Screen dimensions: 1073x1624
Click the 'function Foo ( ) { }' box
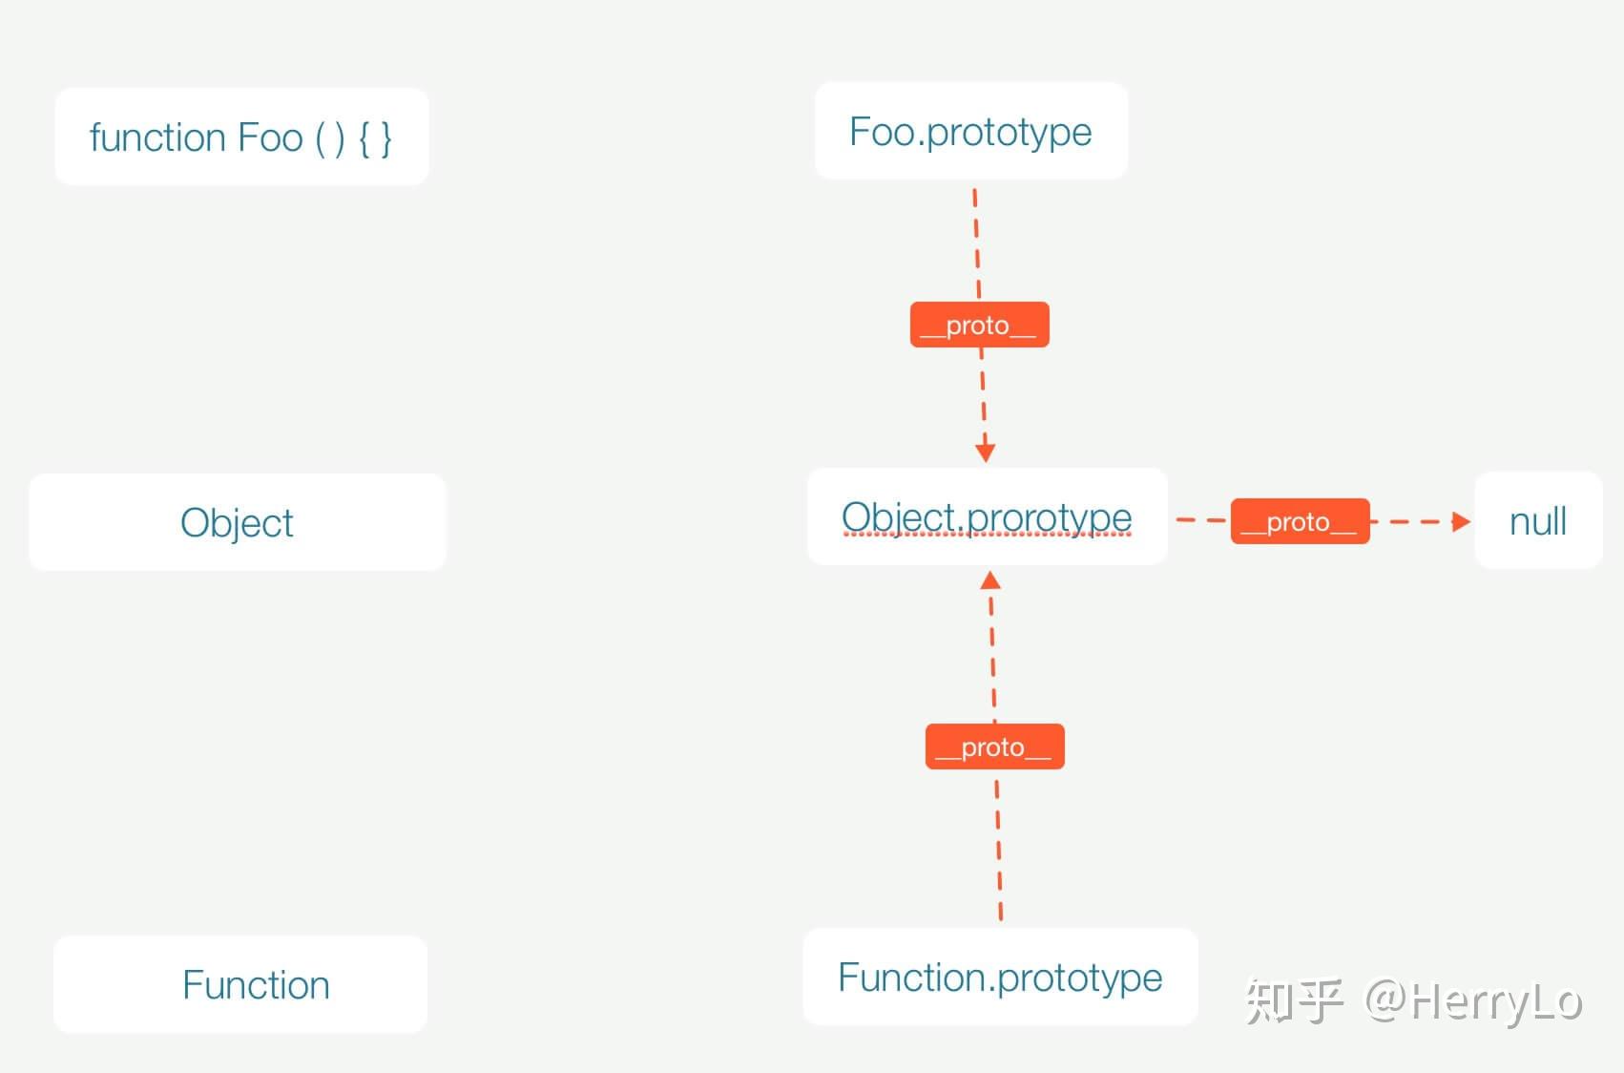pyautogui.click(x=241, y=137)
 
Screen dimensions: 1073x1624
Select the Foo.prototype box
pyautogui.click(x=971, y=131)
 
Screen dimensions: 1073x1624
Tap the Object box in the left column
pyautogui.click(x=237, y=522)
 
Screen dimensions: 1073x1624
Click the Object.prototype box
pyautogui.click(x=987, y=516)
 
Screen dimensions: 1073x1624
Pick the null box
pyautogui.click(x=1538, y=521)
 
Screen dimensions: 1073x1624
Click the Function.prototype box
pyautogui.click(x=1000, y=977)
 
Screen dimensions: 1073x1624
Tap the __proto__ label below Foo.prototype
pyautogui.click(x=979, y=326)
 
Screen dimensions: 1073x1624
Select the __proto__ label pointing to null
pyautogui.click(x=1300, y=522)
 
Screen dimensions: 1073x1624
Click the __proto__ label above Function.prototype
pyautogui.click(x=994, y=747)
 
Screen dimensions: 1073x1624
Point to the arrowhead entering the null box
pyautogui.click(x=1460, y=521)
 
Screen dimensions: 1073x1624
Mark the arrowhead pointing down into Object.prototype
pyautogui.click(x=986, y=452)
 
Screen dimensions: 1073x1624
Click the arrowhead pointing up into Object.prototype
pyautogui.click(x=990, y=580)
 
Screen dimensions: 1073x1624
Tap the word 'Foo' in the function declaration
pyautogui.click(x=270, y=137)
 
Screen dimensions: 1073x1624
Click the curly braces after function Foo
pyautogui.click(x=375, y=138)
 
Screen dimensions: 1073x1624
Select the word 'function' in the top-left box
pyautogui.click(x=157, y=137)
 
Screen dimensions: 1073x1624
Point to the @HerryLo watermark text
pyautogui.click(x=1473, y=1001)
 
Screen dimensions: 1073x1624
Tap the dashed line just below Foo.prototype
pyautogui.click(x=976, y=239)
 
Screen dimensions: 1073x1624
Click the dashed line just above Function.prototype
pyautogui.click(x=999, y=850)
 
